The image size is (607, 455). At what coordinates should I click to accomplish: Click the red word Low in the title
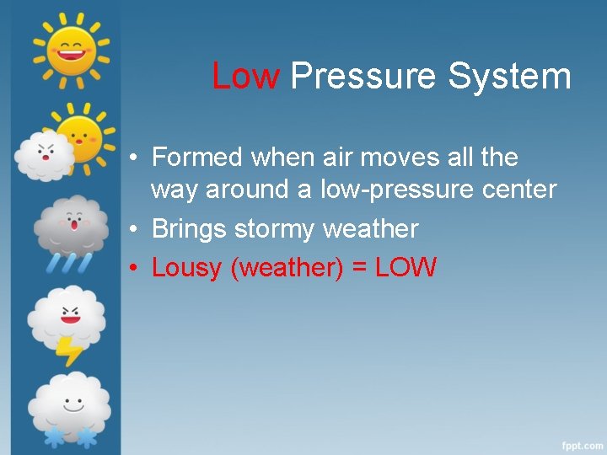pos(245,76)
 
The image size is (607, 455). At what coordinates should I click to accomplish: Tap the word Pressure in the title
pos(364,76)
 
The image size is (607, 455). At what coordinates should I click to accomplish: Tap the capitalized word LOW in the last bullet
pos(406,268)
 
